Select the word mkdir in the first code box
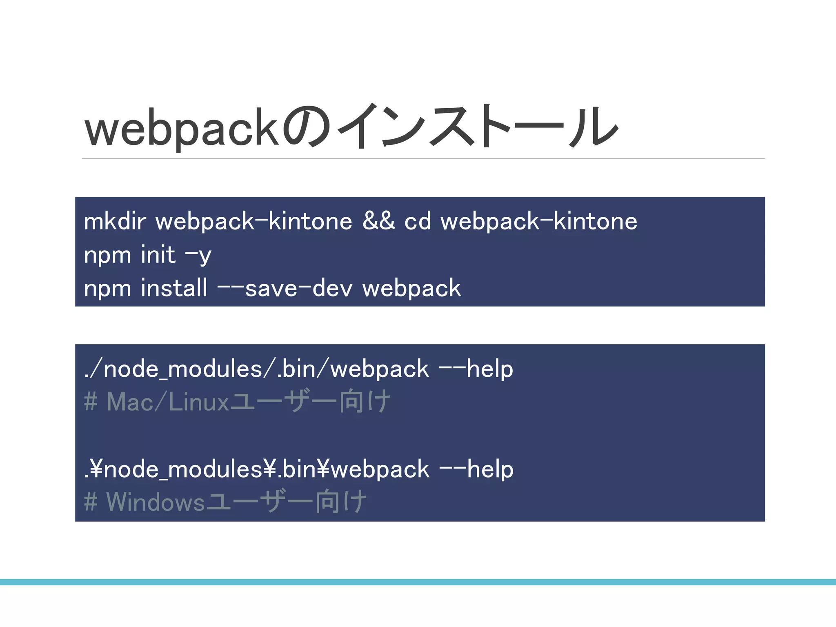click(115, 222)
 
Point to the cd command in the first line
click(418, 222)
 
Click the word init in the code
click(158, 255)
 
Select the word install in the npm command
click(174, 288)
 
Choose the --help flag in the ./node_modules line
click(476, 369)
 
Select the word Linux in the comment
click(199, 402)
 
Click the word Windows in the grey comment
click(155, 502)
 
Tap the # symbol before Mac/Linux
click(91, 402)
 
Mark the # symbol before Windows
click(91, 502)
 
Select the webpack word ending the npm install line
click(411, 289)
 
